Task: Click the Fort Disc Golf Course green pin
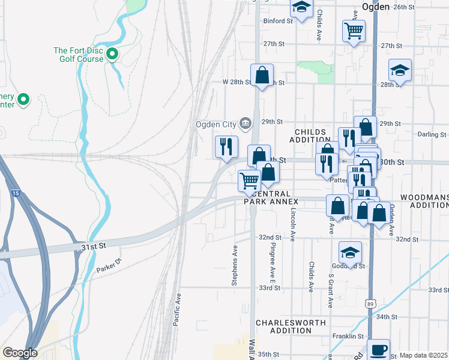112,55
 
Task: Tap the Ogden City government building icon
245,124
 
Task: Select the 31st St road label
93,246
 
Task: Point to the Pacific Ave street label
177,310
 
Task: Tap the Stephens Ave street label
235,257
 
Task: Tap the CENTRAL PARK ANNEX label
271,198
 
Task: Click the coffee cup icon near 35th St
378,349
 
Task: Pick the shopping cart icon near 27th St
354,30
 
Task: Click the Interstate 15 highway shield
14,193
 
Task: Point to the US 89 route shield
371,305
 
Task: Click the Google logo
20,353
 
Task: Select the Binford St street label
277,20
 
